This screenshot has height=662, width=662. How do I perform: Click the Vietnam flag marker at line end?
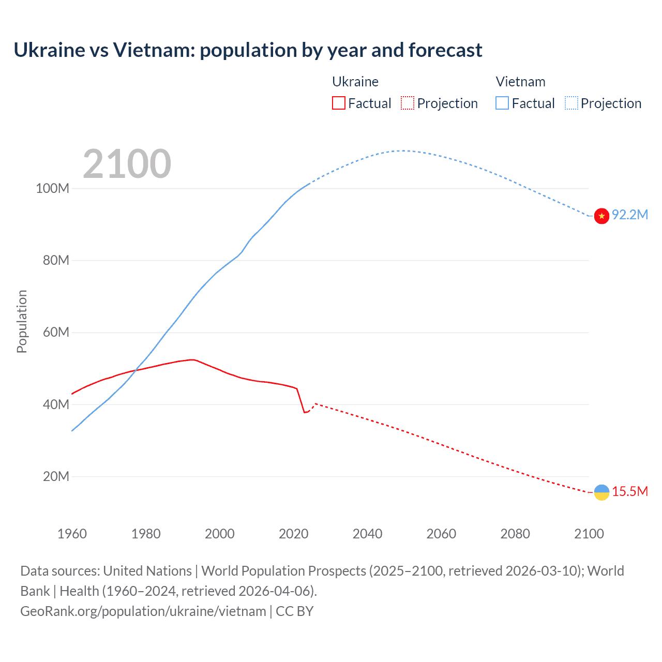tap(601, 216)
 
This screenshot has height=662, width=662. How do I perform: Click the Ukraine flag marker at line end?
tap(601, 492)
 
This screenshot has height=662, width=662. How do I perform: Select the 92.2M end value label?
tap(630, 215)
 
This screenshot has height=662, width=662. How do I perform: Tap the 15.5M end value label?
tap(630, 492)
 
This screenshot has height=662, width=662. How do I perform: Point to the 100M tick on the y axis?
tap(52, 189)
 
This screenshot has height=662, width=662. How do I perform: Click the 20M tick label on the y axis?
tap(56, 477)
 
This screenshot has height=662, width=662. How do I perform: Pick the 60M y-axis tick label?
tap(56, 333)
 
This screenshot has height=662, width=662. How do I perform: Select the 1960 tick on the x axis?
tap(72, 534)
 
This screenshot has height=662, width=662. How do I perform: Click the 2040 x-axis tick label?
tap(367, 534)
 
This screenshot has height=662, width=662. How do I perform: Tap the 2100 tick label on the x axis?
tap(589, 534)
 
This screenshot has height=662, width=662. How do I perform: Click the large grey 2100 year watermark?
tap(127, 164)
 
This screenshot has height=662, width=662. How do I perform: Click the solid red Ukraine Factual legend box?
tap(338, 103)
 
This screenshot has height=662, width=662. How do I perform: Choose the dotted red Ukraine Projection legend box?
tap(408, 103)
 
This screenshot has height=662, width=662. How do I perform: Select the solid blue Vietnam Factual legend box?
tap(502, 103)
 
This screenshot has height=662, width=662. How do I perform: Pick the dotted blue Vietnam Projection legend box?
tap(571, 103)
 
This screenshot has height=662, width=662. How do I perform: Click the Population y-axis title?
tap(22, 321)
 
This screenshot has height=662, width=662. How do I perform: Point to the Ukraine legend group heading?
tap(355, 82)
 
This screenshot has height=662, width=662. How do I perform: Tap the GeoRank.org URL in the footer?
tap(143, 611)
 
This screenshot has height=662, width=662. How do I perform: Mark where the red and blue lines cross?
tap(136, 369)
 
